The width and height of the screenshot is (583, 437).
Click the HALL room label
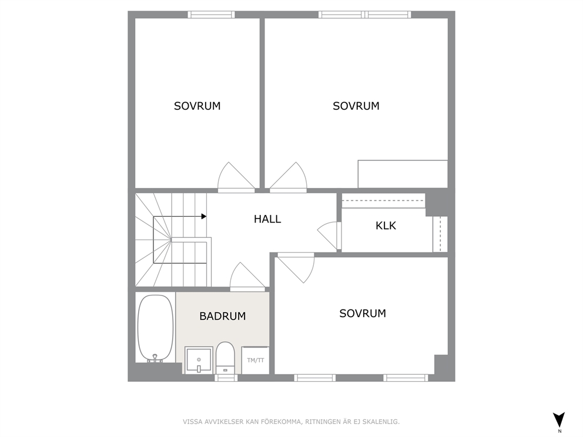[267, 219]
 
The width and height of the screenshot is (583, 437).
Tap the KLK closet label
[386, 226]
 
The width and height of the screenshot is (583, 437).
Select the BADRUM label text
[222, 316]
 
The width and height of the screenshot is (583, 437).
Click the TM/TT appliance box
[256, 360]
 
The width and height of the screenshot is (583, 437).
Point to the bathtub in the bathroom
[155, 328]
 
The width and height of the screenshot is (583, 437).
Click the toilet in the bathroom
[225, 358]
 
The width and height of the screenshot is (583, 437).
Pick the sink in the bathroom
[199, 359]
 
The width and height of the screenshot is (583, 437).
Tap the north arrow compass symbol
[559, 421]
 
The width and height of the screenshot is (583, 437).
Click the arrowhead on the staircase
[204, 216]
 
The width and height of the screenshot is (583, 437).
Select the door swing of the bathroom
[247, 276]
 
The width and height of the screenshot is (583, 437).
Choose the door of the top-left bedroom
[236, 177]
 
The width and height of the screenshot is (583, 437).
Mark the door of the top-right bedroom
[289, 177]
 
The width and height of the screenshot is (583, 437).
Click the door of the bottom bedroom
[296, 268]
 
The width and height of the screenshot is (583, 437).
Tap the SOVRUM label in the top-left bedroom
[197, 106]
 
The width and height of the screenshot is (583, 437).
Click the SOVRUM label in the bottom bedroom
[363, 313]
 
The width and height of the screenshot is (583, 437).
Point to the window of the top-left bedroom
[211, 15]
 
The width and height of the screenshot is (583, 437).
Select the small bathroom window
[226, 378]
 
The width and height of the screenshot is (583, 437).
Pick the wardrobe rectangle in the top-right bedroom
[403, 174]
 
